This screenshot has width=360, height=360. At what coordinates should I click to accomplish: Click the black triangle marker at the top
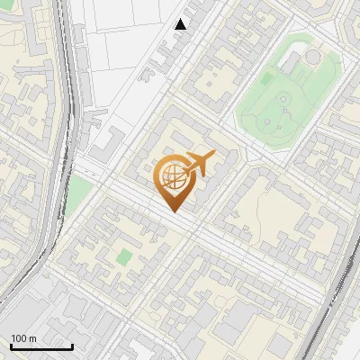(181, 24)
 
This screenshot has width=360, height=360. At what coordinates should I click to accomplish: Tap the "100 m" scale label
(23, 338)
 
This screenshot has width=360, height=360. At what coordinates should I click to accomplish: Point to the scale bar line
(41, 346)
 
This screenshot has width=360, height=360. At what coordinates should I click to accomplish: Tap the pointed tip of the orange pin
(171, 211)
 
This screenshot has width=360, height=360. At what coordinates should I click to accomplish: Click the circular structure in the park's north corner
(312, 58)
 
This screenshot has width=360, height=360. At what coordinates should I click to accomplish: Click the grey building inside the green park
(290, 63)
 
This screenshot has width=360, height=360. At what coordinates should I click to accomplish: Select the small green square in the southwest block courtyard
(123, 257)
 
